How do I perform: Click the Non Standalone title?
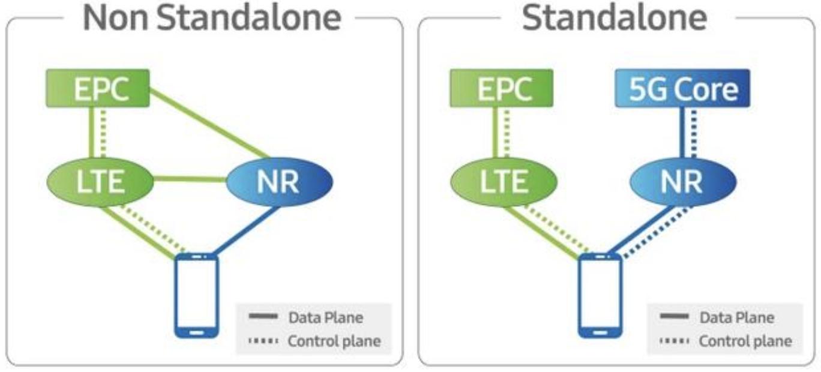(211, 18)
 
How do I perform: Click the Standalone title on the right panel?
(614, 18)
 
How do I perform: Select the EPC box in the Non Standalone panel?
(97, 88)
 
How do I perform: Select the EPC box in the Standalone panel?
(501, 88)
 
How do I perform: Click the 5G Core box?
(682, 88)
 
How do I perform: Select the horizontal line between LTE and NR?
(188, 178)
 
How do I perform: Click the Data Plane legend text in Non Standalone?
(325, 317)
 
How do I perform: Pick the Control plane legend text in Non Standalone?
(334, 341)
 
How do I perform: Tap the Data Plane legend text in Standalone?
(736, 317)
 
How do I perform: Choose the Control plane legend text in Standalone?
(745, 341)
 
